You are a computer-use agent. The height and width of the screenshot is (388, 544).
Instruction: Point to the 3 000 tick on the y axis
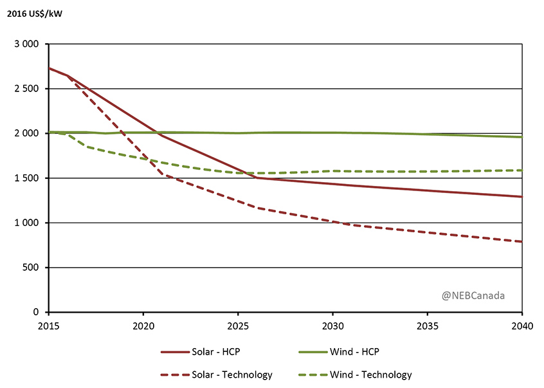(x=27, y=44)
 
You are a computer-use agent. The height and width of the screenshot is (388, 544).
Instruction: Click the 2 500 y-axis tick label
(x=27, y=89)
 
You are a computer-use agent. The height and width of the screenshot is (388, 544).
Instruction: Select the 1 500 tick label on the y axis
(x=27, y=178)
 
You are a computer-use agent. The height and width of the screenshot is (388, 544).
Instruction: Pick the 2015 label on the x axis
(x=48, y=326)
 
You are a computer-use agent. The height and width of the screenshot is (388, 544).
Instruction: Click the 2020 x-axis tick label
(x=143, y=326)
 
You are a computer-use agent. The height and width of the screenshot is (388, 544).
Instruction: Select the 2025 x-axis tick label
(x=238, y=326)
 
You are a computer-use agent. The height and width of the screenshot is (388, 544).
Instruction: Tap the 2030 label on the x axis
(x=332, y=326)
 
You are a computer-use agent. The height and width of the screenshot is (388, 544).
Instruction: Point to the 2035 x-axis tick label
(x=427, y=326)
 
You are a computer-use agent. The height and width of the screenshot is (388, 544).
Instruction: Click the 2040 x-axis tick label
(x=521, y=326)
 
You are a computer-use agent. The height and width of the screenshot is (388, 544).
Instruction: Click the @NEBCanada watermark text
(x=473, y=296)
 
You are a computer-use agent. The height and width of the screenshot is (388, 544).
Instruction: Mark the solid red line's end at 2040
(x=521, y=197)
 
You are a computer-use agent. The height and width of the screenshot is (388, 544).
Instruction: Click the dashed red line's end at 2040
(x=521, y=242)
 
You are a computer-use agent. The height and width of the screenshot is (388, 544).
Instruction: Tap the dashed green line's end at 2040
(x=521, y=171)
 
